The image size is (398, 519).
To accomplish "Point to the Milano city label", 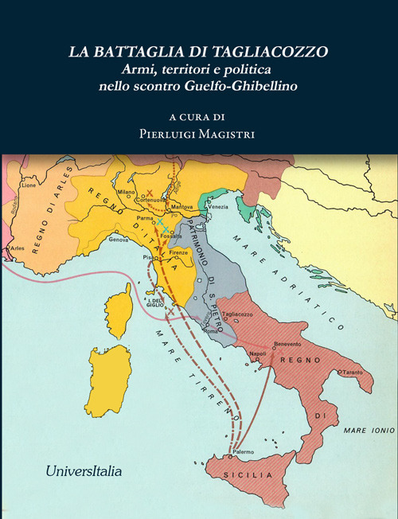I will pos(127,192).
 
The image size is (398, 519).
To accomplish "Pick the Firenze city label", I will pos(179,252).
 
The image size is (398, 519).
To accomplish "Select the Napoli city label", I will pos(258,352).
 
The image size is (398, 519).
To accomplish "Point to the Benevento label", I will pos(287,343).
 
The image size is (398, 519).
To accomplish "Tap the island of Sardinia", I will pos(108,379).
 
